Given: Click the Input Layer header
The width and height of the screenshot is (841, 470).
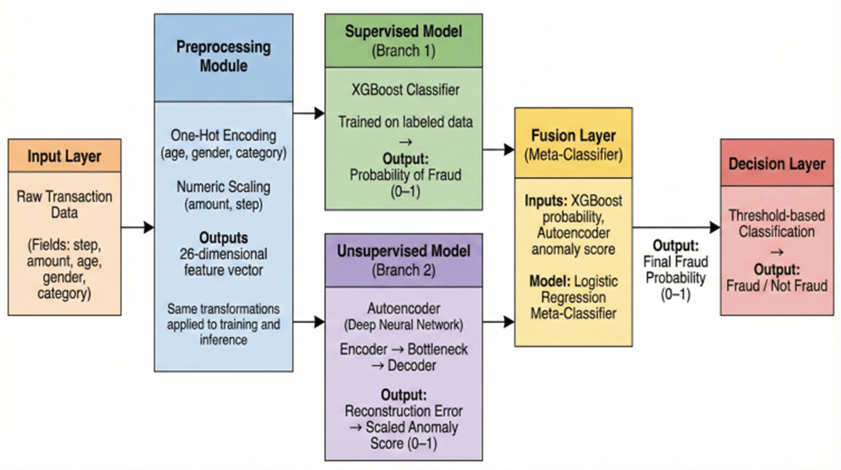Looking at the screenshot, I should [x=64, y=158].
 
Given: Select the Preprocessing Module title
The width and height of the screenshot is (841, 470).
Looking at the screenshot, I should [x=223, y=55].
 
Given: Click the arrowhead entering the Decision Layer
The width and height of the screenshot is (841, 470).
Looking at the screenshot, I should [x=714, y=227].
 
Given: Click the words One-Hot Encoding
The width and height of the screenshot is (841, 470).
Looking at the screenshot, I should [x=223, y=135].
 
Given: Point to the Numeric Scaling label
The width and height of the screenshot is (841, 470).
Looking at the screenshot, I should [x=223, y=186].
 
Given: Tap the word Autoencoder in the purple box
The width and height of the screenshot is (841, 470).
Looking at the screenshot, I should [x=403, y=310].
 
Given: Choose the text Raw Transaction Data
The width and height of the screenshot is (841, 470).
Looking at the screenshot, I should [x=64, y=204].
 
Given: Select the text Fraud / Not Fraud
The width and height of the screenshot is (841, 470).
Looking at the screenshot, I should [x=777, y=286].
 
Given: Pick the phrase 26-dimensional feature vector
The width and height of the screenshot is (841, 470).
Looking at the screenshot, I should [x=223, y=262].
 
